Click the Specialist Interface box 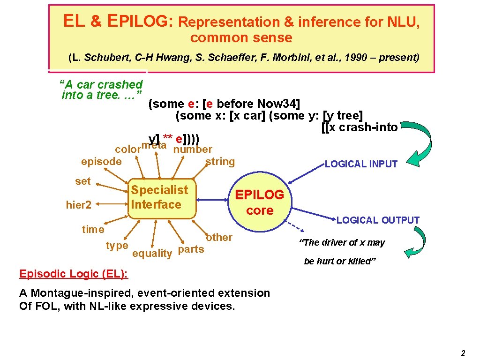pos(161,198)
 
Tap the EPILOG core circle pos(259,202)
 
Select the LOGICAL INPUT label pos(361,164)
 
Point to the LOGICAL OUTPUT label pos(378,220)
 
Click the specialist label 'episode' pos(101,162)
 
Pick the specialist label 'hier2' pos(78,204)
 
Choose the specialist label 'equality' pos(152,254)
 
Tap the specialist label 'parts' pos(191,249)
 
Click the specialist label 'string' pos(220,162)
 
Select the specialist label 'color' pos(128,150)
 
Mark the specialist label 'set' pos(83,181)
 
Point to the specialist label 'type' pos(117,246)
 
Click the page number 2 pos(463,353)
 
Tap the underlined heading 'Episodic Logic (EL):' pos(74,274)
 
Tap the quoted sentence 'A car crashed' pos(101,85)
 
